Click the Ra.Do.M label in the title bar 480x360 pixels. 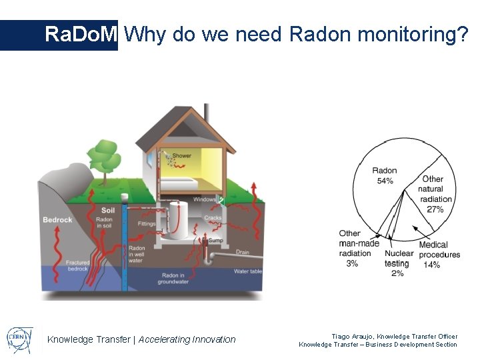coord(81,35)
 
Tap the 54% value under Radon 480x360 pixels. coord(385,181)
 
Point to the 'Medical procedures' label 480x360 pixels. coord(438,250)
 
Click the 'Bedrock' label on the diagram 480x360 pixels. coord(57,220)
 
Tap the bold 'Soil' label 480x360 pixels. coord(108,211)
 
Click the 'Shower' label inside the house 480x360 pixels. coord(181,156)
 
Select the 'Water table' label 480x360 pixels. coord(248,271)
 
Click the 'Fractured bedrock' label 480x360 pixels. coord(77,266)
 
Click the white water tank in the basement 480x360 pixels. coord(177,220)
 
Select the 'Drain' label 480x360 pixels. coord(242,253)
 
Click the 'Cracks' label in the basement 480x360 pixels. coord(213,218)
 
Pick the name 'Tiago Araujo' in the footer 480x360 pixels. coord(351,337)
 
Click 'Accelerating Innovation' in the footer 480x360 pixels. coord(187,339)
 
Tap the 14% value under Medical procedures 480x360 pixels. coord(432,265)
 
